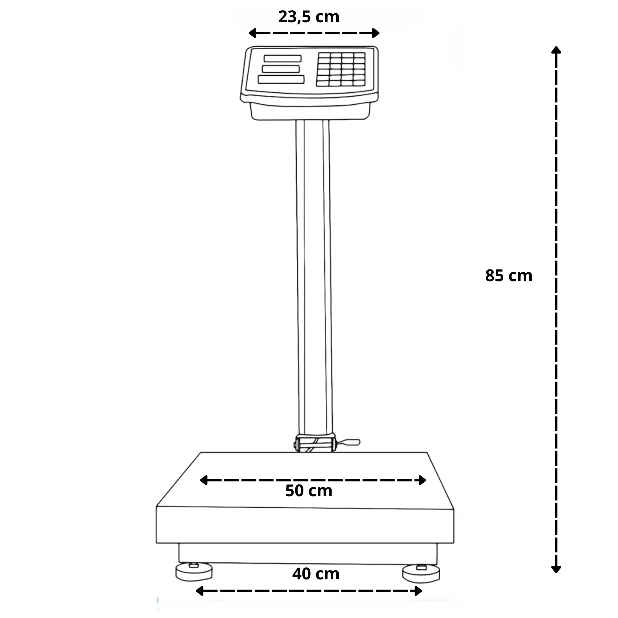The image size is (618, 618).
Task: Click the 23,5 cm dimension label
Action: tap(309, 17)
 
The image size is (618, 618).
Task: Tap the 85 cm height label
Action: tap(509, 276)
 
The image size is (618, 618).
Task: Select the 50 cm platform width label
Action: tap(309, 491)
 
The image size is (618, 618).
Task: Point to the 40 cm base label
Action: tap(316, 574)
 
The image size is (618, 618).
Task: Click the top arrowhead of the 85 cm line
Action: tap(556, 50)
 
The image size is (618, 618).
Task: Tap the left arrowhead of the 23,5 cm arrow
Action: tap(252, 33)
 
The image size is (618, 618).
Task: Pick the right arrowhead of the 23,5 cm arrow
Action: tap(376, 33)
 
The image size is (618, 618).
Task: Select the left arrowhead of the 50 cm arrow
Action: tap(203, 480)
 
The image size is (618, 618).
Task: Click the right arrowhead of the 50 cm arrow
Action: tap(422, 480)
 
